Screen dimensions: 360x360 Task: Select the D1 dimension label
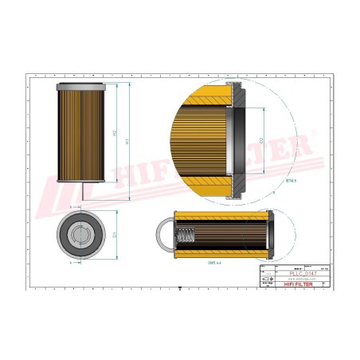pos(116,234)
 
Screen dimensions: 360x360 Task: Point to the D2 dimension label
pos(262,141)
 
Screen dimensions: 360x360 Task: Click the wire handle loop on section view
pos(164,236)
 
